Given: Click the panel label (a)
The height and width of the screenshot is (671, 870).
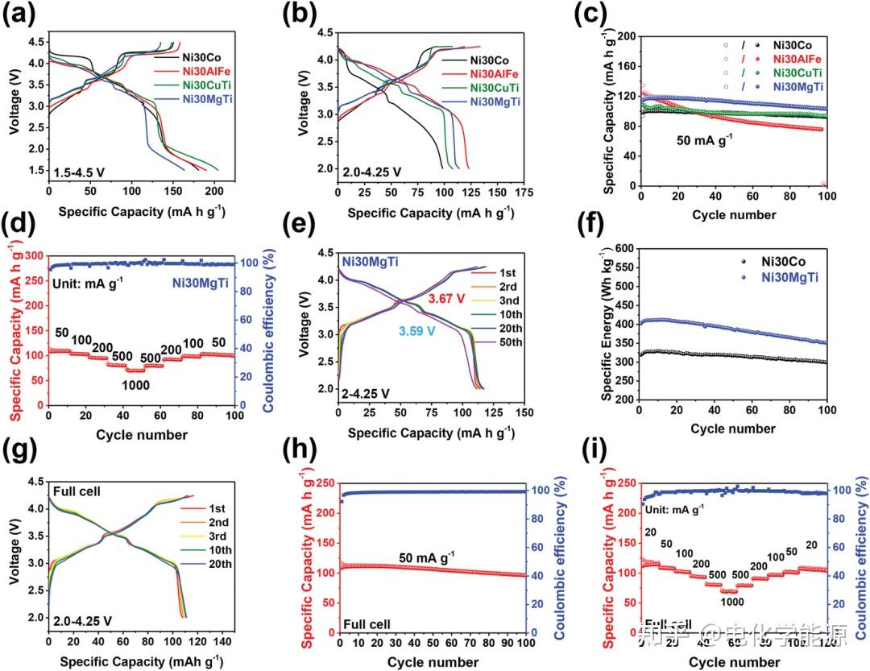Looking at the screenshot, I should coord(18,16).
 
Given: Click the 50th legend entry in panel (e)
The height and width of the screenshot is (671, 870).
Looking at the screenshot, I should coord(508,342).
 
